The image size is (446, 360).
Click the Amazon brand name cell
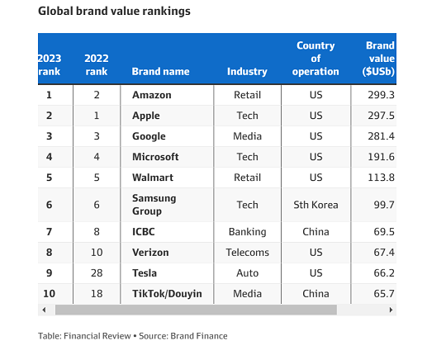pyautogui.click(x=152, y=95)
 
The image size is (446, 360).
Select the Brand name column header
pyautogui.click(x=160, y=71)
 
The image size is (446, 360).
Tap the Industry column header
pyautogui.click(x=247, y=71)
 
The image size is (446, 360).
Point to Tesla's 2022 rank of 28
pyautogui.click(x=97, y=273)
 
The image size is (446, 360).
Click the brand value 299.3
pyautogui.click(x=381, y=95)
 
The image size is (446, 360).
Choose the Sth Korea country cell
pyautogui.click(x=316, y=205)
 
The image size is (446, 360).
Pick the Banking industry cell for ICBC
pyautogui.click(x=248, y=232)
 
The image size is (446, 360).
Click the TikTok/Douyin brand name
pyautogui.click(x=167, y=293)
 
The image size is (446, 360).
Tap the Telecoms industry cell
pyautogui.click(x=248, y=253)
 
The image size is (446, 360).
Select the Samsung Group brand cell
pyautogui.click(x=154, y=205)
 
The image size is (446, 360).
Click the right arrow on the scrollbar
pyautogui.click(x=391, y=310)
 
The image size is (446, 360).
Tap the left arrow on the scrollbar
pyautogui.click(x=44, y=310)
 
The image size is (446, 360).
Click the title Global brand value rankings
pyautogui.click(x=114, y=12)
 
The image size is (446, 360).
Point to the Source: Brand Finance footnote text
pyautogui.click(x=183, y=336)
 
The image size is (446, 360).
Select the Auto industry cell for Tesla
pyautogui.click(x=248, y=273)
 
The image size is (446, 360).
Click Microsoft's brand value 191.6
pyautogui.click(x=381, y=157)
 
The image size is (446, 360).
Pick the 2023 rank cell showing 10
pyautogui.click(x=50, y=293)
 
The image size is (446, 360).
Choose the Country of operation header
pyautogui.click(x=316, y=59)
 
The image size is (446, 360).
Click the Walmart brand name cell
pyautogui.click(x=153, y=178)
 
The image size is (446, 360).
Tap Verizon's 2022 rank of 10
pyautogui.click(x=97, y=253)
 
